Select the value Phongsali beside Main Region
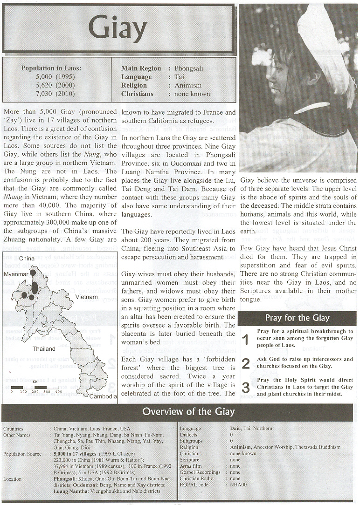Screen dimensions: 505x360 click(x=189, y=68)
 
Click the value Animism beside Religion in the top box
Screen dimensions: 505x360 click(x=188, y=85)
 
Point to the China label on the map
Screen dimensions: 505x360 click(x=27, y=258)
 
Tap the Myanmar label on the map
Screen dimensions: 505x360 click(x=16, y=274)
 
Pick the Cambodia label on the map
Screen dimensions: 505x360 click(x=103, y=396)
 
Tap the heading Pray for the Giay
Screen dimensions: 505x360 click(x=297, y=318)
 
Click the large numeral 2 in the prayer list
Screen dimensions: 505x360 click(x=245, y=363)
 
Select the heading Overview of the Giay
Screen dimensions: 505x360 click(x=188, y=411)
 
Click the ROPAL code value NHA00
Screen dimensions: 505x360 click(x=238, y=485)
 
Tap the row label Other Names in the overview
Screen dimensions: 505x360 click(x=17, y=435)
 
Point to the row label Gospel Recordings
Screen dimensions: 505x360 click(x=200, y=472)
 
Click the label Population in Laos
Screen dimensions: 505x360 click(x=51, y=68)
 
